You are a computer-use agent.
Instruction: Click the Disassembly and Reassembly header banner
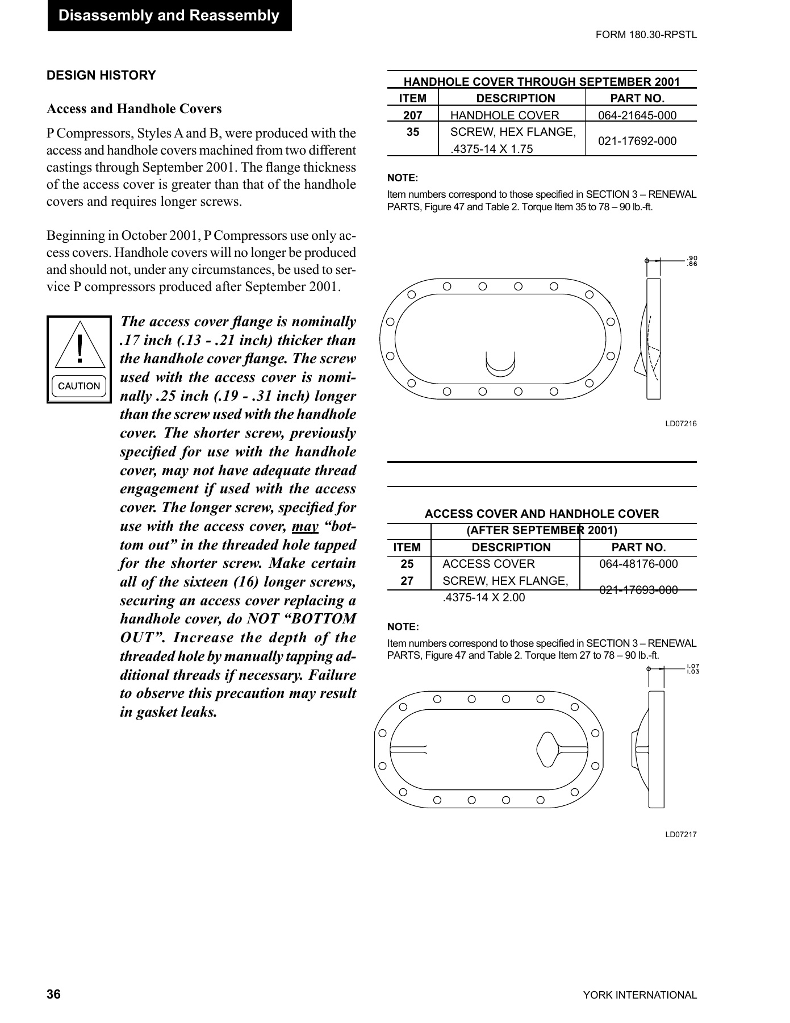coord(169,16)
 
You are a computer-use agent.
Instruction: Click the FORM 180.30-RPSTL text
coord(646,35)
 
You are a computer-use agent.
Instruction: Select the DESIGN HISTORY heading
coord(101,76)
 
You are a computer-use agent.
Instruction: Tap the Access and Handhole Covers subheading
coord(134,109)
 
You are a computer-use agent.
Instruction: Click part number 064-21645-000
coord(637,115)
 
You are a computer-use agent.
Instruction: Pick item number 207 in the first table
coord(412,115)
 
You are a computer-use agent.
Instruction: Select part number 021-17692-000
coord(637,141)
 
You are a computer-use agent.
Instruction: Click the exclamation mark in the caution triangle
coord(80,348)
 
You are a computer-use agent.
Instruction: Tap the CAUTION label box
coord(79,386)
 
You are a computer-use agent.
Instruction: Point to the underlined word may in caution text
coord(305,526)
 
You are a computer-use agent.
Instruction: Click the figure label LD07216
coord(680,423)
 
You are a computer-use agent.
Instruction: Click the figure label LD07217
coord(680,834)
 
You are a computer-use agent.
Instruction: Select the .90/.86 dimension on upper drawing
coord(692,261)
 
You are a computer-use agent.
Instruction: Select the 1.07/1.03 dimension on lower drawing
coord(692,669)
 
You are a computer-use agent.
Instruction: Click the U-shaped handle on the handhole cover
coord(500,364)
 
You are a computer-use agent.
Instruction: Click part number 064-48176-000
coord(638,564)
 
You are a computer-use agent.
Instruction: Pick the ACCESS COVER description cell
coord(488,564)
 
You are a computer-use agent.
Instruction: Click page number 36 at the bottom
coord(53,995)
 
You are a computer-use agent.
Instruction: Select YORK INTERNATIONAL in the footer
coord(639,995)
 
